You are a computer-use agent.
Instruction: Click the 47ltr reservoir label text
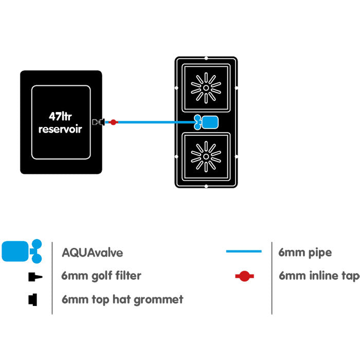(x=61, y=122)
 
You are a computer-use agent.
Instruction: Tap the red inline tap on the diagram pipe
(x=114, y=122)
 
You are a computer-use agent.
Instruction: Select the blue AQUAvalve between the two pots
(x=208, y=122)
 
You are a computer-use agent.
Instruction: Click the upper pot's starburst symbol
(x=206, y=87)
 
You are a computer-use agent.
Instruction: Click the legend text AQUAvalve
(x=92, y=253)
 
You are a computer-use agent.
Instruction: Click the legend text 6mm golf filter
(x=101, y=276)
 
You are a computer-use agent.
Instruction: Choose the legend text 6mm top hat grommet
(x=122, y=299)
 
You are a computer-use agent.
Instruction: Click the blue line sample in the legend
(x=244, y=252)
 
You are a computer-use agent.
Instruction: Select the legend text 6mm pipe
(x=305, y=253)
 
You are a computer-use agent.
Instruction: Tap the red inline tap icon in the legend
(x=244, y=276)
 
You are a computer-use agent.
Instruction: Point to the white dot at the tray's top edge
(x=206, y=58)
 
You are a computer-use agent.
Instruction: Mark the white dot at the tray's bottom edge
(x=206, y=186)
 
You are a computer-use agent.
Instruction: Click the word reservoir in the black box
(x=60, y=129)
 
